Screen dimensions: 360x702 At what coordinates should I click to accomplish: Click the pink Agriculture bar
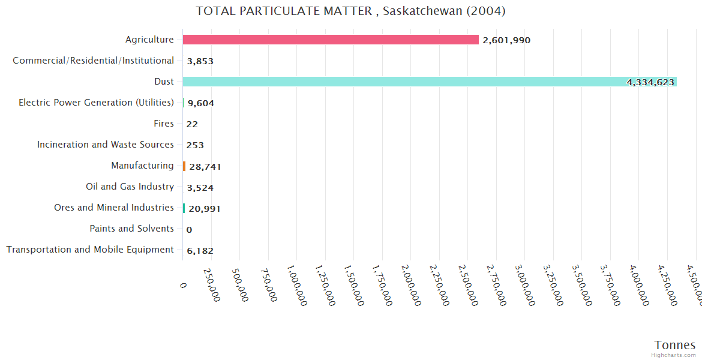click(331, 40)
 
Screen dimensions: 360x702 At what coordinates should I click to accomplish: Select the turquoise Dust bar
click(430, 82)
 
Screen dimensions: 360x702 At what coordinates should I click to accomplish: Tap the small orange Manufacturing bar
click(184, 166)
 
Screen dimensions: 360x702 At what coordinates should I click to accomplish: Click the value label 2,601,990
click(506, 40)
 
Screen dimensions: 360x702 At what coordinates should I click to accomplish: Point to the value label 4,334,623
click(650, 82)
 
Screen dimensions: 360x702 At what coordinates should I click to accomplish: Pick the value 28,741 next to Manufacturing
click(205, 167)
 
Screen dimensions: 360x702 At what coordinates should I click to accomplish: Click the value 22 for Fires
click(192, 124)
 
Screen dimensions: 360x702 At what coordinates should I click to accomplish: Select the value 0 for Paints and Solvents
click(189, 230)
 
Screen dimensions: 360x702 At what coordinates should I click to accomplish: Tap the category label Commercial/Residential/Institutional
click(93, 61)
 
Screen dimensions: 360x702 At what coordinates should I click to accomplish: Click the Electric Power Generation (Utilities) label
click(96, 103)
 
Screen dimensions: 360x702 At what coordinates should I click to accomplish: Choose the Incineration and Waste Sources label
click(106, 145)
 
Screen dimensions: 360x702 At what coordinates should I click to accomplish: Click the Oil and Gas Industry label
click(130, 187)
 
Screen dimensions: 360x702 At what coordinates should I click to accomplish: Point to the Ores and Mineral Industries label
click(114, 208)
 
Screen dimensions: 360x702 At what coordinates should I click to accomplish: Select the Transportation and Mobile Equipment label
click(90, 250)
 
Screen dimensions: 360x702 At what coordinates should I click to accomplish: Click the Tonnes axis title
click(675, 345)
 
